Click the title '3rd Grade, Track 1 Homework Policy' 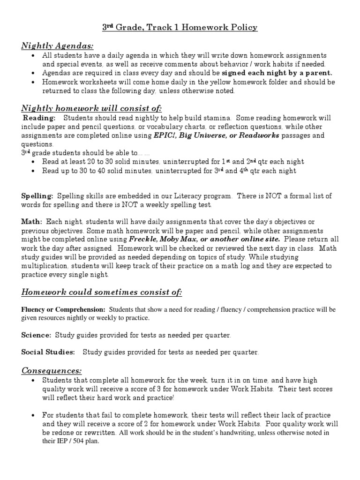[x=180, y=28]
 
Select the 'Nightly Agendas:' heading [x=57, y=45]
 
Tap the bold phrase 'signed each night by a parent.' [x=277, y=73]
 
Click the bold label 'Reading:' [x=39, y=118]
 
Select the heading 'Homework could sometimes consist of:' [x=102, y=292]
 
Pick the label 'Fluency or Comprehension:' [x=63, y=310]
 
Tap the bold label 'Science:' [x=36, y=335]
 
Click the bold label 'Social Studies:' [x=48, y=352]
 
